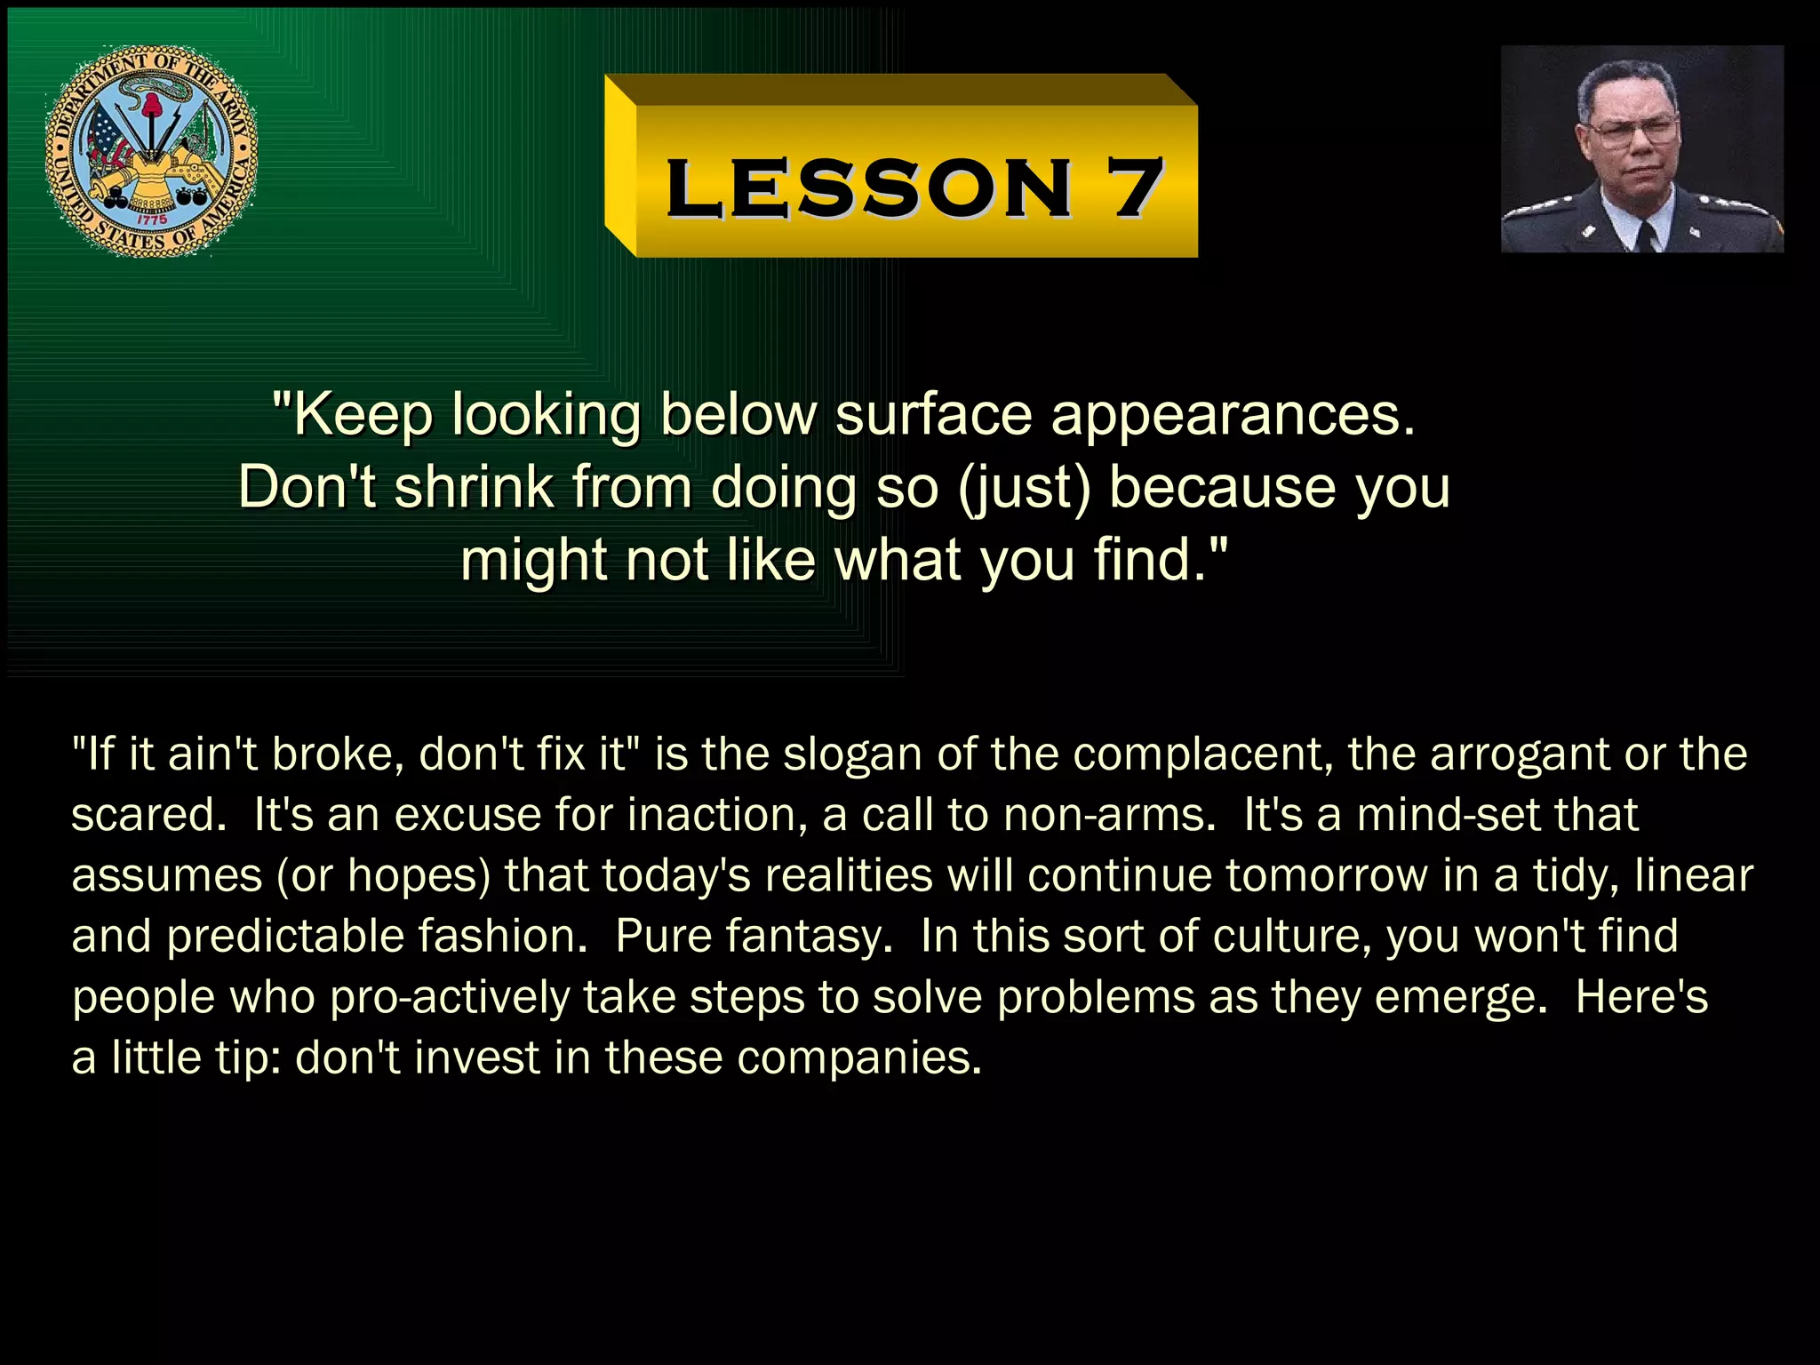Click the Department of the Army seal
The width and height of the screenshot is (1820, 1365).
(151, 151)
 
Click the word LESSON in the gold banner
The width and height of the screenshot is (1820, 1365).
(868, 188)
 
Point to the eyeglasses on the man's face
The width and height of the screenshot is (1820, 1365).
(1633, 132)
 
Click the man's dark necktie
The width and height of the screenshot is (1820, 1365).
(1646, 236)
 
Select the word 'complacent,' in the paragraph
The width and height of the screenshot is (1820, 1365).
(1202, 754)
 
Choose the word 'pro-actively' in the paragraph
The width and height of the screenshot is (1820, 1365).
(449, 997)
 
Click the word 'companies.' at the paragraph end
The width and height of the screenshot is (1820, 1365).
(859, 1058)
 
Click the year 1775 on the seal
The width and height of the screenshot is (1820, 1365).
(151, 219)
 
